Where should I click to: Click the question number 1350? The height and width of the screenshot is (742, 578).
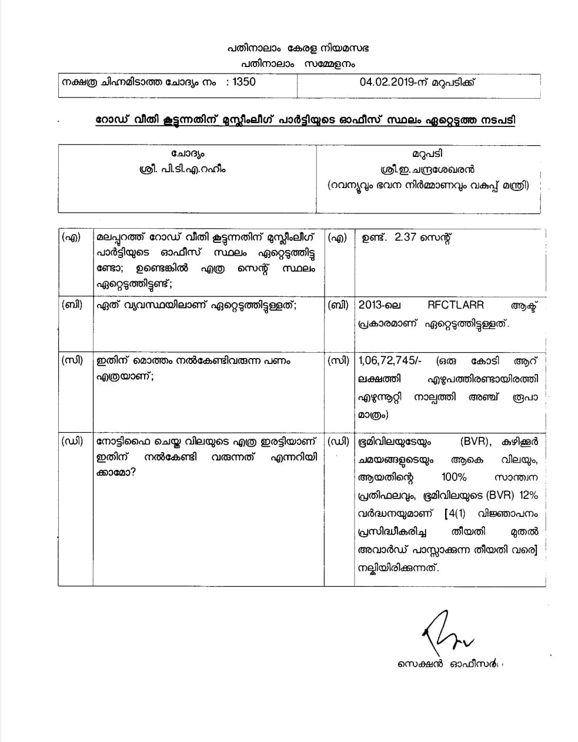[x=244, y=82]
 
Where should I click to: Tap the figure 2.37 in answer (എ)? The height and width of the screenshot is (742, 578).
[x=407, y=238]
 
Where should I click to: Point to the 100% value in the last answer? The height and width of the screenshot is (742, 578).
[x=453, y=477]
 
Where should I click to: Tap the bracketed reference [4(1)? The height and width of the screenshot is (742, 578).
[x=459, y=514]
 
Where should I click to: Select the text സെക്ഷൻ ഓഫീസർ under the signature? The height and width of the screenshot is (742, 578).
[x=447, y=665]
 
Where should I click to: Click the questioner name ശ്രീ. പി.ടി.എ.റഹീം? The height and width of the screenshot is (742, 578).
[x=188, y=169]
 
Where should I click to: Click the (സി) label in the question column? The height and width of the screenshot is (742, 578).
[x=72, y=360]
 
